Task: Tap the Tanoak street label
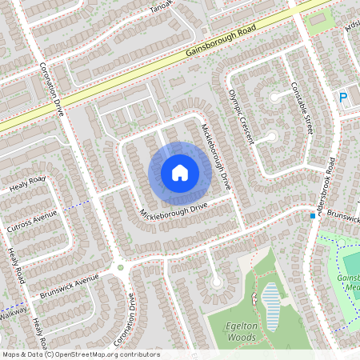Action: (157, 10)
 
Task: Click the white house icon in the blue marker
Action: (179, 172)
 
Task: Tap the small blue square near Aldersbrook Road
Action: (313, 216)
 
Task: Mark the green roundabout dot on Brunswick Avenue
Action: (121, 267)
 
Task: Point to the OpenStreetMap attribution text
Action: (81, 354)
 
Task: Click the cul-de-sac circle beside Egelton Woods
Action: (216, 282)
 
